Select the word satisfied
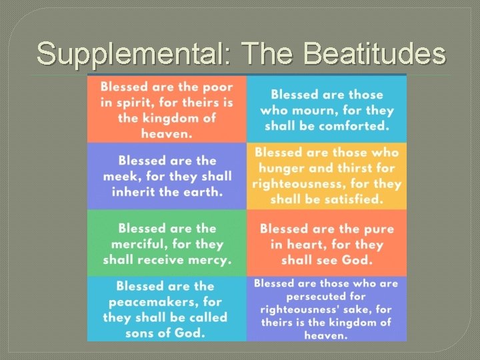click(351, 199)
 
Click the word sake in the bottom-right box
click(358, 309)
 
